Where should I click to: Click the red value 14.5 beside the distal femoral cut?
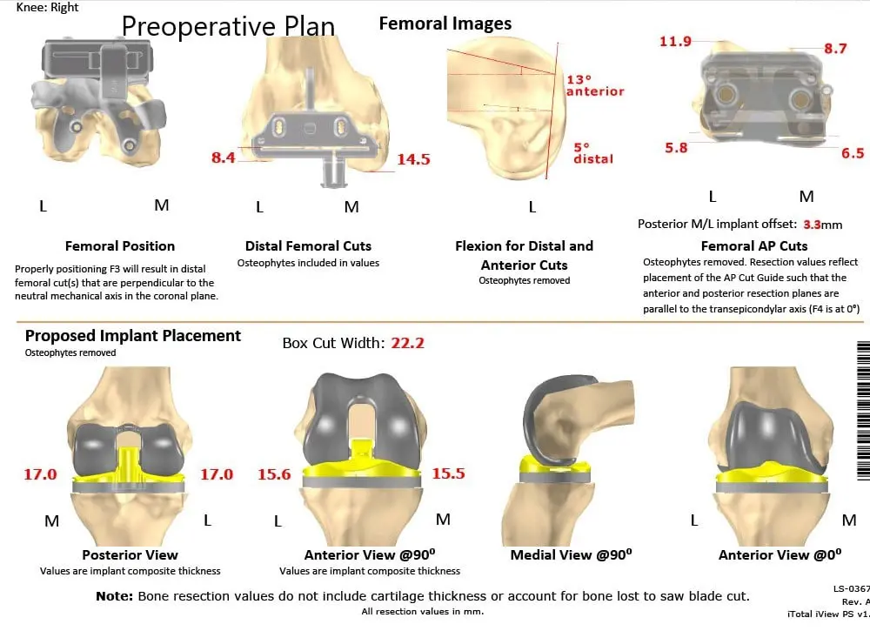click(x=413, y=159)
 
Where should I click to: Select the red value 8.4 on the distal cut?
click(x=223, y=158)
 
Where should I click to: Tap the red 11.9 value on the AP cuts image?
click(x=675, y=41)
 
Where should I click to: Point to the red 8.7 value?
click(x=835, y=49)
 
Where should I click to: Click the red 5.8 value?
click(x=676, y=148)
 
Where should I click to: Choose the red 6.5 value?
click(x=853, y=152)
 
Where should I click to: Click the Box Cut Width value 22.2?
click(x=407, y=343)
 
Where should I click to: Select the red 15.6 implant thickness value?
click(x=274, y=474)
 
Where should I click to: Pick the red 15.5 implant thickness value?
click(x=448, y=473)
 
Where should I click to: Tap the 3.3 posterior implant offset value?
click(x=812, y=224)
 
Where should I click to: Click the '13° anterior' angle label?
click(x=595, y=85)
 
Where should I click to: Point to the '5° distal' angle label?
click(x=592, y=153)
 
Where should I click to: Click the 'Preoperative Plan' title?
click(x=228, y=26)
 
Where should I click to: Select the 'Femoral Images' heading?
click(x=445, y=24)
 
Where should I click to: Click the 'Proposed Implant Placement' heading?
click(x=133, y=336)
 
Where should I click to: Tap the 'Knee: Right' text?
click(x=48, y=7)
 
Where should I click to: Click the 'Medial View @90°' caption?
click(x=571, y=554)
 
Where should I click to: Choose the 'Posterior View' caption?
click(x=130, y=554)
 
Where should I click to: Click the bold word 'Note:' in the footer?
click(x=115, y=596)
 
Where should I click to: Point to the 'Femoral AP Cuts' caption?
click(x=754, y=245)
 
